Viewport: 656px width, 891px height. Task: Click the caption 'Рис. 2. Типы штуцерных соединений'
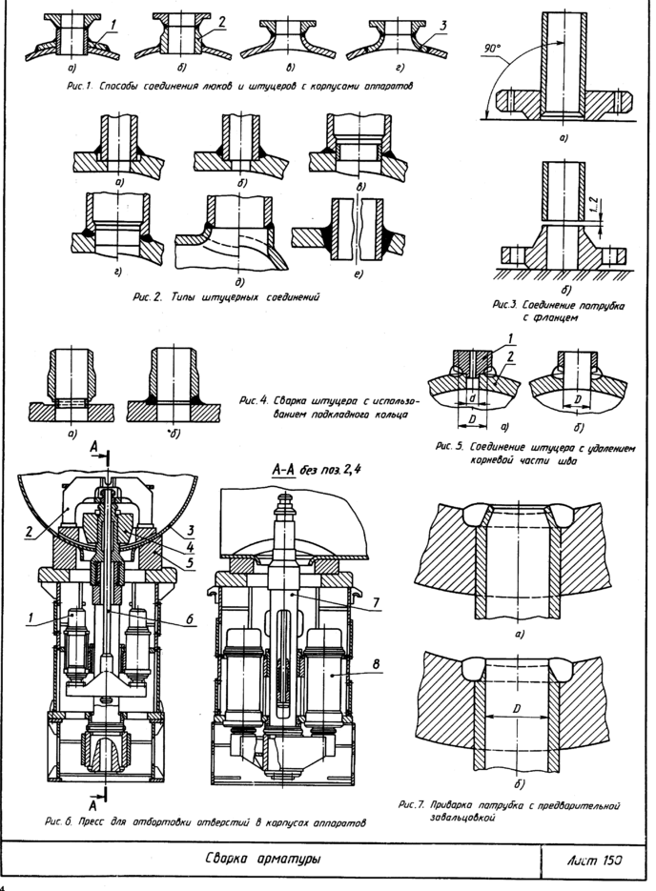pos(224,297)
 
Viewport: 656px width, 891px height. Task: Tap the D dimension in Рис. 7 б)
pos(516,709)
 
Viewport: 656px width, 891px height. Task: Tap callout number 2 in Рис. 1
pos(220,21)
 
